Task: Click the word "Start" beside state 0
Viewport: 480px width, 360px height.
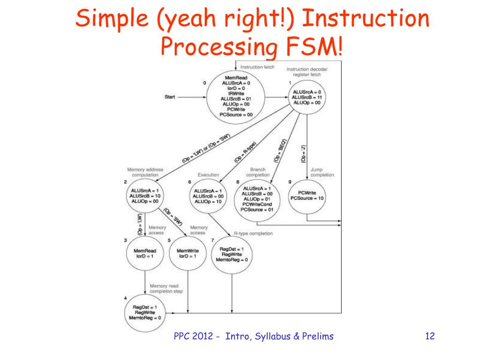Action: [x=170, y=97]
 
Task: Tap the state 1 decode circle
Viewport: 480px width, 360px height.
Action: [x=307, y=97]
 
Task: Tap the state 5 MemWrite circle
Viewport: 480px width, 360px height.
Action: [x=187, y=254]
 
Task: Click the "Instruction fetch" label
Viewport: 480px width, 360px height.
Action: [x=257, y=67]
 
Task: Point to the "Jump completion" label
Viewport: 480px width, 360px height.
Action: [x=322, y=172]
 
